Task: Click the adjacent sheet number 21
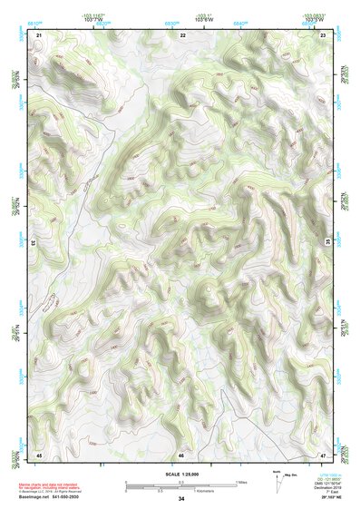pos(39,34)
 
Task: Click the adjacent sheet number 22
pos(182,34)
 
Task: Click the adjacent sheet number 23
pos(323,34)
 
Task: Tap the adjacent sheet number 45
pos(39,454)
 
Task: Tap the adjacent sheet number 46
pos(181,454)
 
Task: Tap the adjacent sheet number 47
pos(323,454)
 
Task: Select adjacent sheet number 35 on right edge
pos(328,240)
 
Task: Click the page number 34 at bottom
pos(181,499)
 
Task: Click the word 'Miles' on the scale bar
pos(241,482)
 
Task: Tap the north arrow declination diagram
pos(277,481)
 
